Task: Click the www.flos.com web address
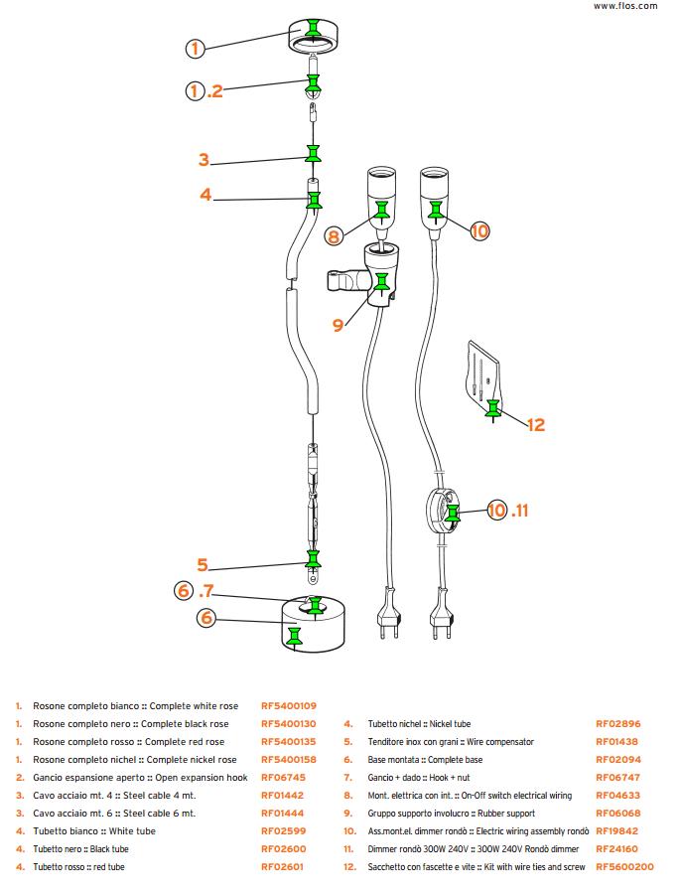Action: (x=625, y=6)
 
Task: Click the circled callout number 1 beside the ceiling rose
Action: (x=196, y=48)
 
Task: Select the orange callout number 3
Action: (x=204, y=160)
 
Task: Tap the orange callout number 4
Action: (x=205, y=195)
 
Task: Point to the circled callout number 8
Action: (x=335, y=235)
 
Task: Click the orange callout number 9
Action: (x=338, y=324)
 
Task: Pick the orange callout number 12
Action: (x=536, y=425)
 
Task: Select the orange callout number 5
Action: (x=203, y=565)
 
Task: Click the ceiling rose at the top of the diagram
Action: (x=314, y=37)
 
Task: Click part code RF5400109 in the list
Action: (x=289, y=705)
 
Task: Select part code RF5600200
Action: (x=624, y=867)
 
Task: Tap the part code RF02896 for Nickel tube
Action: (x=617, y=724)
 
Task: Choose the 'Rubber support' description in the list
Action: (x=504, y=814)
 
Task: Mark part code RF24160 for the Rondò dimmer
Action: (x=617, y=849)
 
